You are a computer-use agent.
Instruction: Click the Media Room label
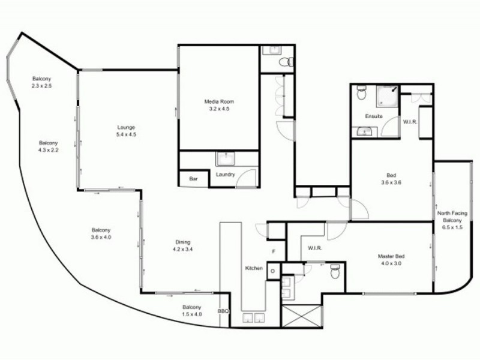[219, 101]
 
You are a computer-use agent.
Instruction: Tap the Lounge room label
[126, 127]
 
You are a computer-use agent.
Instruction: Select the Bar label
[193, 179]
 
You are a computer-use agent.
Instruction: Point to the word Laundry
[226, 175]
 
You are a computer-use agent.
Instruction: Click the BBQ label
[223, 311]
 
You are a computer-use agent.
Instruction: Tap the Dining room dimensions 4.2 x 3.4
[182, 249]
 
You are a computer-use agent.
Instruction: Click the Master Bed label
[391, 256]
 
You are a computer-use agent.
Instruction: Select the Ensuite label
[374, 116]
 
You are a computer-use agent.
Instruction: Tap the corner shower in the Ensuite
[387, 96]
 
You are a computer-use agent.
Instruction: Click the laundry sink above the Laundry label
[226, 158]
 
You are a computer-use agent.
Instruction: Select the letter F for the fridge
[274, 251]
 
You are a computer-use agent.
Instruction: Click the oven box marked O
[273, 271]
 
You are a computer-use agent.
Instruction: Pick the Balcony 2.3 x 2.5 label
[41, 82]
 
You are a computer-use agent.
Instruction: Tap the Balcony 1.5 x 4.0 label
[192, 310]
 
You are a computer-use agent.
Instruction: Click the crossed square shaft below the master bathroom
[302, 316]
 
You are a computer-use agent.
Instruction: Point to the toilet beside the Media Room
[286, 62]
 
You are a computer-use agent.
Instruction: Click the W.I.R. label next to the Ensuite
[410, 122]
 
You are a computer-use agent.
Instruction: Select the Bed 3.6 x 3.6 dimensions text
[391, 182]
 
